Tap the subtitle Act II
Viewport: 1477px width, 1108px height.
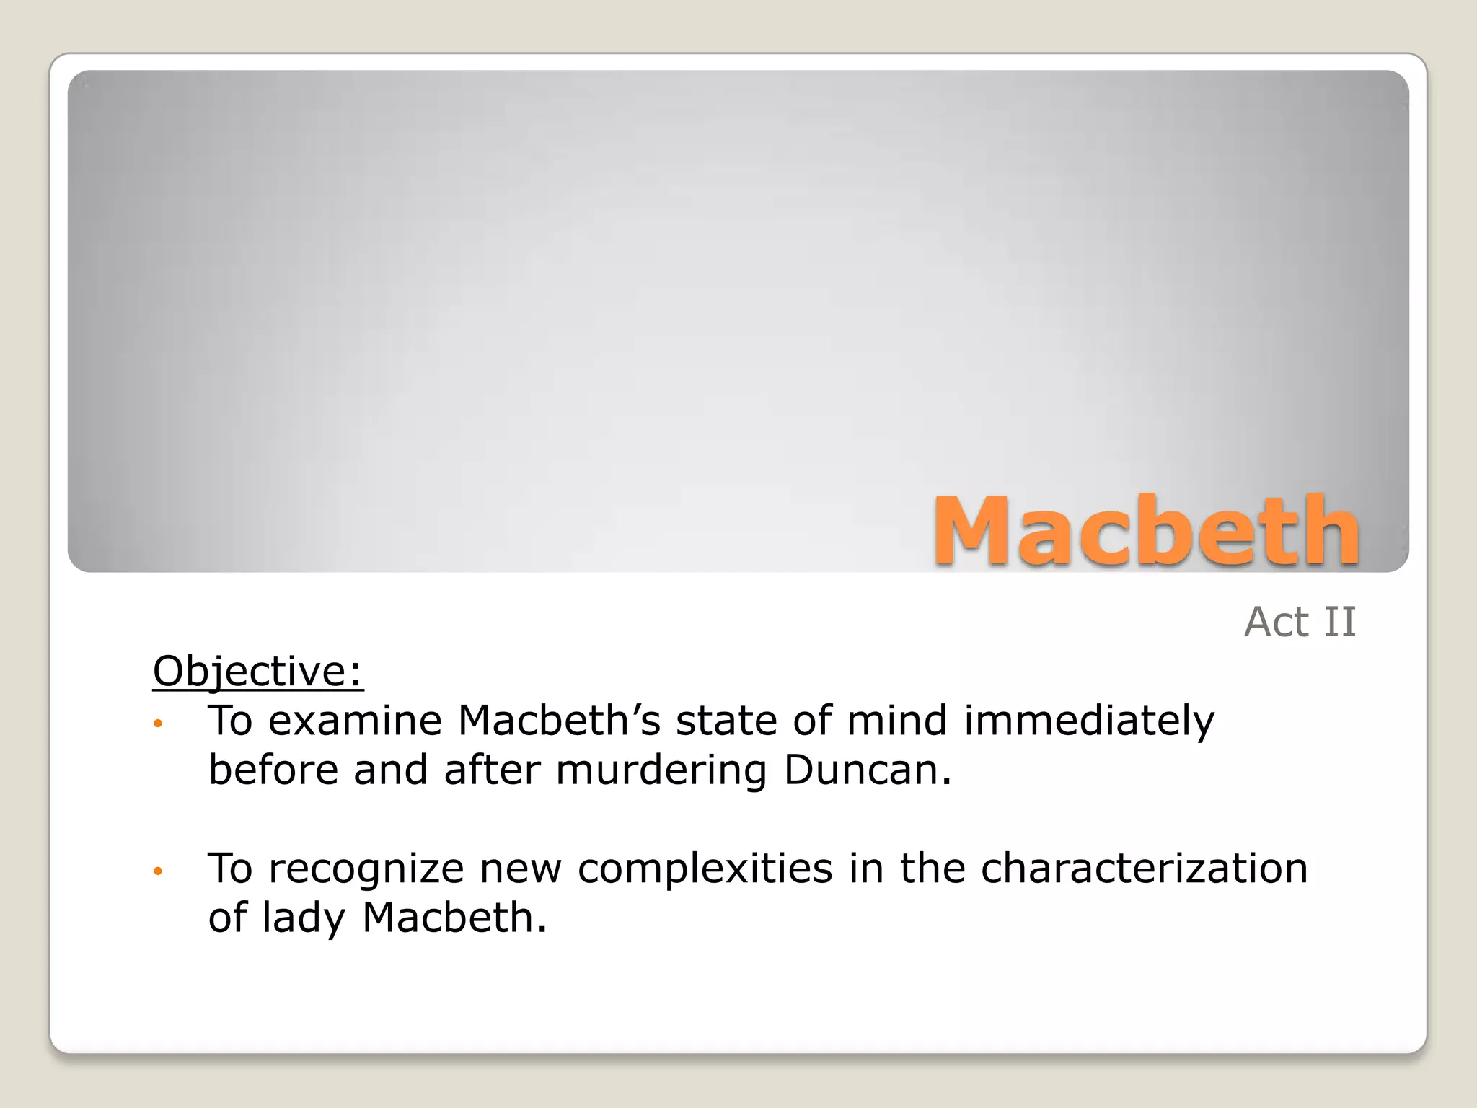[1300, 622]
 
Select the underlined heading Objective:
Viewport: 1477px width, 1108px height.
[257, 671]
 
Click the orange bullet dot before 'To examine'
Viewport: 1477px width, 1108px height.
[158, 724]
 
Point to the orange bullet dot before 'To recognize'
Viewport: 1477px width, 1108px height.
[158, 871]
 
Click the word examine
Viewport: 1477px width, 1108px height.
[355, 721]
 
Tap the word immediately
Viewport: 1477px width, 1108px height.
[1089, 721]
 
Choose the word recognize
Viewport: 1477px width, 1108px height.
[366, 868]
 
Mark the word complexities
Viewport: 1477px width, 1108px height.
[705, 868]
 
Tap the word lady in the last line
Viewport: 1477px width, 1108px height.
[304, 918]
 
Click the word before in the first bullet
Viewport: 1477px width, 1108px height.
[273, 770]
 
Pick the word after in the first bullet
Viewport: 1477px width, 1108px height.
[492, 770]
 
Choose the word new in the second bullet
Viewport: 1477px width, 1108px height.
[521, 868]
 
